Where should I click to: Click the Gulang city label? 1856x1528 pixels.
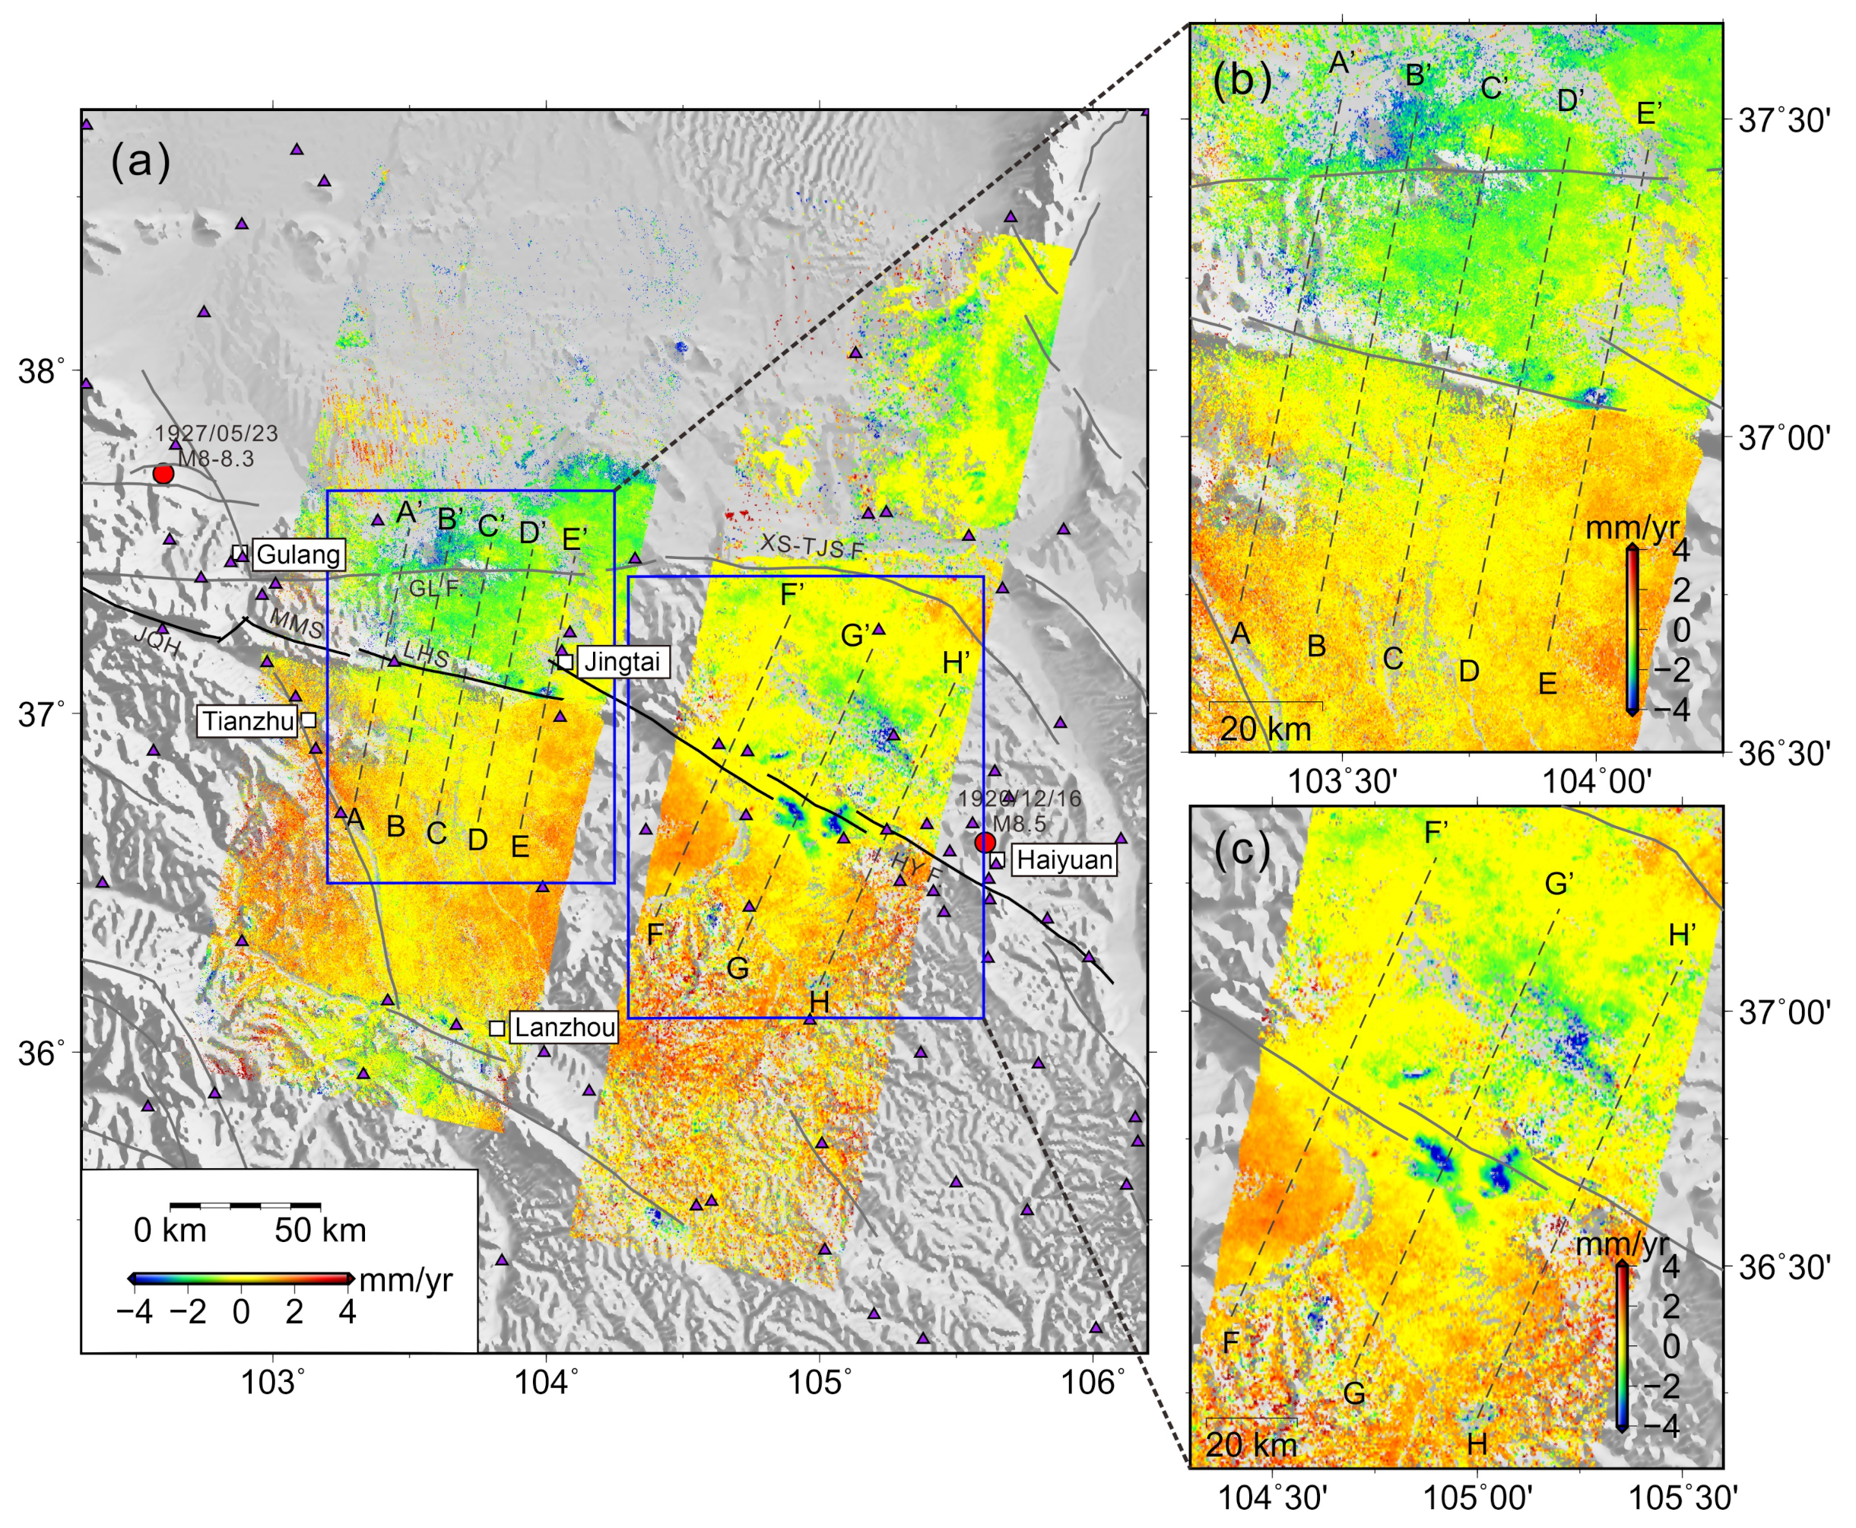[298, 554]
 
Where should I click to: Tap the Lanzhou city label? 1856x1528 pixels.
[564, 1028]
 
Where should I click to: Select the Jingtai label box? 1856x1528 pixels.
[622, 661]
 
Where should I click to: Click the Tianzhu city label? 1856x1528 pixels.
[248, 722]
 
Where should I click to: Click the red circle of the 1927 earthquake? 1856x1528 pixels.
[163, 474]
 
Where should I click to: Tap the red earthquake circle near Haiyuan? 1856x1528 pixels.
[985, 842]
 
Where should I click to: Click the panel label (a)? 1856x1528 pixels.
[140, 163]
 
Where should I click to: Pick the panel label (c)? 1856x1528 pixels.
[1242, 851]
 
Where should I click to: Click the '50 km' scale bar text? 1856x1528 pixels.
[319, 1230]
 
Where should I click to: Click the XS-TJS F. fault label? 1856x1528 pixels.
[812, 547]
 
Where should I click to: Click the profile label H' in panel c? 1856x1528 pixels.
[1682, 935]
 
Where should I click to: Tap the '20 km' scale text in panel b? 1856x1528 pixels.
[1265, 729]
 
